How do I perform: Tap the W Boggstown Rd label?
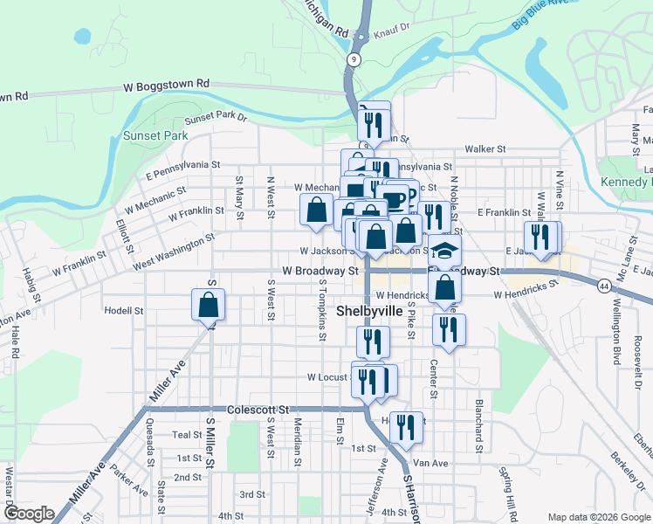click(x=167, y=85)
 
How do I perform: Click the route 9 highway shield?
click(x=353, y=59)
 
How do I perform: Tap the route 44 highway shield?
click(x=605, y=286)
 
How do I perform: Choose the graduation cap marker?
click(x=444, y=252)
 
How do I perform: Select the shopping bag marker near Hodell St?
click(x=208, y=306)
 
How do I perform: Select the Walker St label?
click(x=485, y=149)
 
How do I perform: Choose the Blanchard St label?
click(x=478, y=427)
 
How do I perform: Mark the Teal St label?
click(x=187, y=435)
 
